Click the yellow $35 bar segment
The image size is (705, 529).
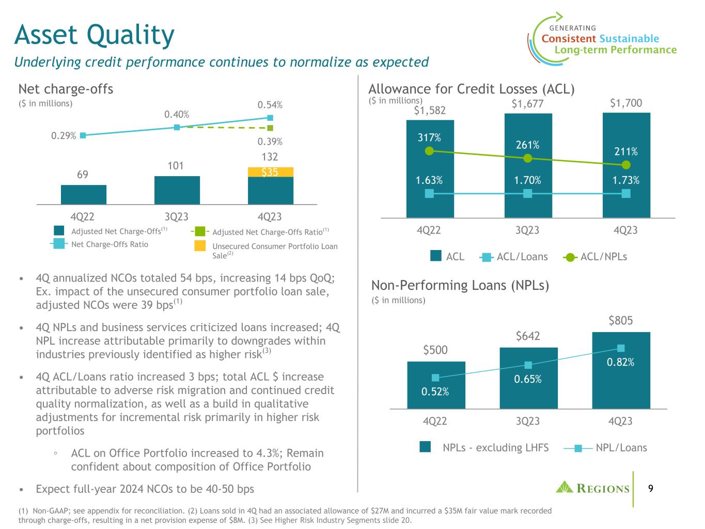click(x=271, y=172)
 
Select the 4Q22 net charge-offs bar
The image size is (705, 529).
click(x=84, y=195)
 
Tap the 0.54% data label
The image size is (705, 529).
click(x=270, y=105)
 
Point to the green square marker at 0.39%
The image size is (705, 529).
click(x=270, y=128)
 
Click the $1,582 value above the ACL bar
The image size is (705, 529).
click(x=430, y=111)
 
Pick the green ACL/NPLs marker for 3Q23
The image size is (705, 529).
click(x=527, y=158)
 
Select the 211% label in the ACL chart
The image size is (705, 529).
click(x=626, y=151)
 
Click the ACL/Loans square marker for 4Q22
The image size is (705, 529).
click(x=429, y=193)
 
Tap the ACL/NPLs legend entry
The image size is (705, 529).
click(x=595, y=257)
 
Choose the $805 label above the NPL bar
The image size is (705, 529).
click(x=620, y=320)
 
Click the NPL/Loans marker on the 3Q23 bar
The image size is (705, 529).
click(x=528, y=365)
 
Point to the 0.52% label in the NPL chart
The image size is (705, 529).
click(x=435, y=392)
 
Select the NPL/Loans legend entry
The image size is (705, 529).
click(x=605, y=448)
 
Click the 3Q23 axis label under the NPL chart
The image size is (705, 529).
click(x=528, y=421)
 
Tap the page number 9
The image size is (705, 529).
click(x=650, y=488)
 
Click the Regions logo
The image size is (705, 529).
click(x=592, y=488)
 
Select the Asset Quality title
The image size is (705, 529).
click(x=95, y=35)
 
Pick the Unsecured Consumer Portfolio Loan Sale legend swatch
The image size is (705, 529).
click(x=200, y=246)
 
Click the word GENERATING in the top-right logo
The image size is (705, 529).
click(x=573, y=28)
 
